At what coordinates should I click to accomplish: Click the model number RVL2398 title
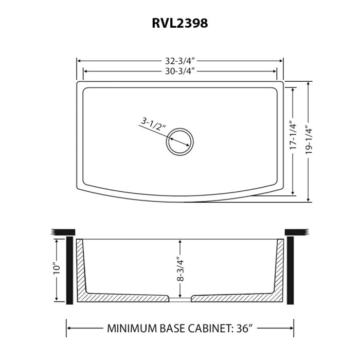pyautogui.click(x=180, y=23)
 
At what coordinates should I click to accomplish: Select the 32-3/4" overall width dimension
pyautogui.click(x=179, y=61)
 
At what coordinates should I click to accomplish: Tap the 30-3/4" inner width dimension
pyautogui.click(x=179, y=71)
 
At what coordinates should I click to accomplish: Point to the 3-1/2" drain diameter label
pyautogui.click(x=151, y=124)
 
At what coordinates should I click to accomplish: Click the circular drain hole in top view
pyautogui.click(x=180, y=140)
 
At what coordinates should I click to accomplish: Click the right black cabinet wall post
pyautogui.click(x=291, y=270)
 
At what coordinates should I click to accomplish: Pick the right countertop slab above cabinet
pyautogui.click(x=296, y=232)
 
